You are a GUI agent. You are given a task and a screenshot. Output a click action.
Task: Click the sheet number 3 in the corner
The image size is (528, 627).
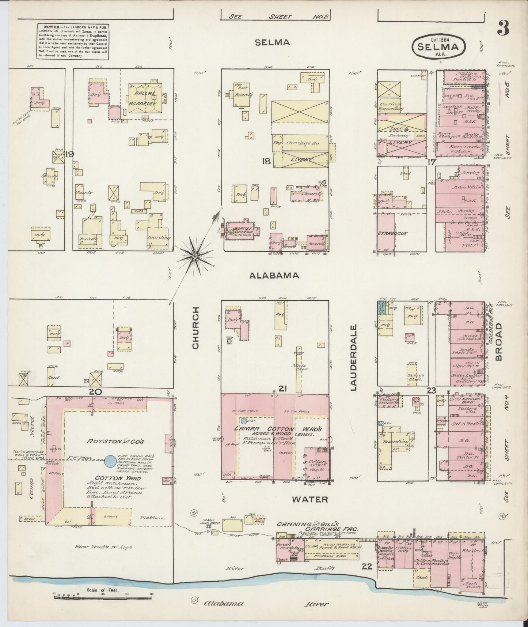(504, 28)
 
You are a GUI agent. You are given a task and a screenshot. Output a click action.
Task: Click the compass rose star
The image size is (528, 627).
(195, 256)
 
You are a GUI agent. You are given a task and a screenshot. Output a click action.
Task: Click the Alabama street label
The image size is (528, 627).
(274, 276)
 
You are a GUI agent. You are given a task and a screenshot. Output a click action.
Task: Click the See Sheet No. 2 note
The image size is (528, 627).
(274, 16)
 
